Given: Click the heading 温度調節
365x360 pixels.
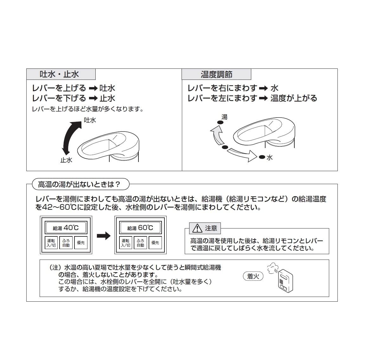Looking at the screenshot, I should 216,74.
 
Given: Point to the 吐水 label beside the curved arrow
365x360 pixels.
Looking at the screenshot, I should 90,120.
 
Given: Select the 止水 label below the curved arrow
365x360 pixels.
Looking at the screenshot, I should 66,160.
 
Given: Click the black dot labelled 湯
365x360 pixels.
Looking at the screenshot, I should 219,122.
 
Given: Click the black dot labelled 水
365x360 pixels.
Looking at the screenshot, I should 262,157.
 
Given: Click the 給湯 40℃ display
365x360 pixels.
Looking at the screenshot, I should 66,228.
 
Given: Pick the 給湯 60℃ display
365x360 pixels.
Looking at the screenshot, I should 140,228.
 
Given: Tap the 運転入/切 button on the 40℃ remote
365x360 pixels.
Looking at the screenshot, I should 51,243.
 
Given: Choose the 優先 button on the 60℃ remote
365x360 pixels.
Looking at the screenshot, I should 155,243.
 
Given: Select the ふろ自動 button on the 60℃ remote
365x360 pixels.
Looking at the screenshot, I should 140,243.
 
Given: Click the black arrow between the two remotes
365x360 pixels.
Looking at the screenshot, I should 103,236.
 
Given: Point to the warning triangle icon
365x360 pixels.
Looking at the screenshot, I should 197,228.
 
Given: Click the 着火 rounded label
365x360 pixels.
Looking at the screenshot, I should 253,276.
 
